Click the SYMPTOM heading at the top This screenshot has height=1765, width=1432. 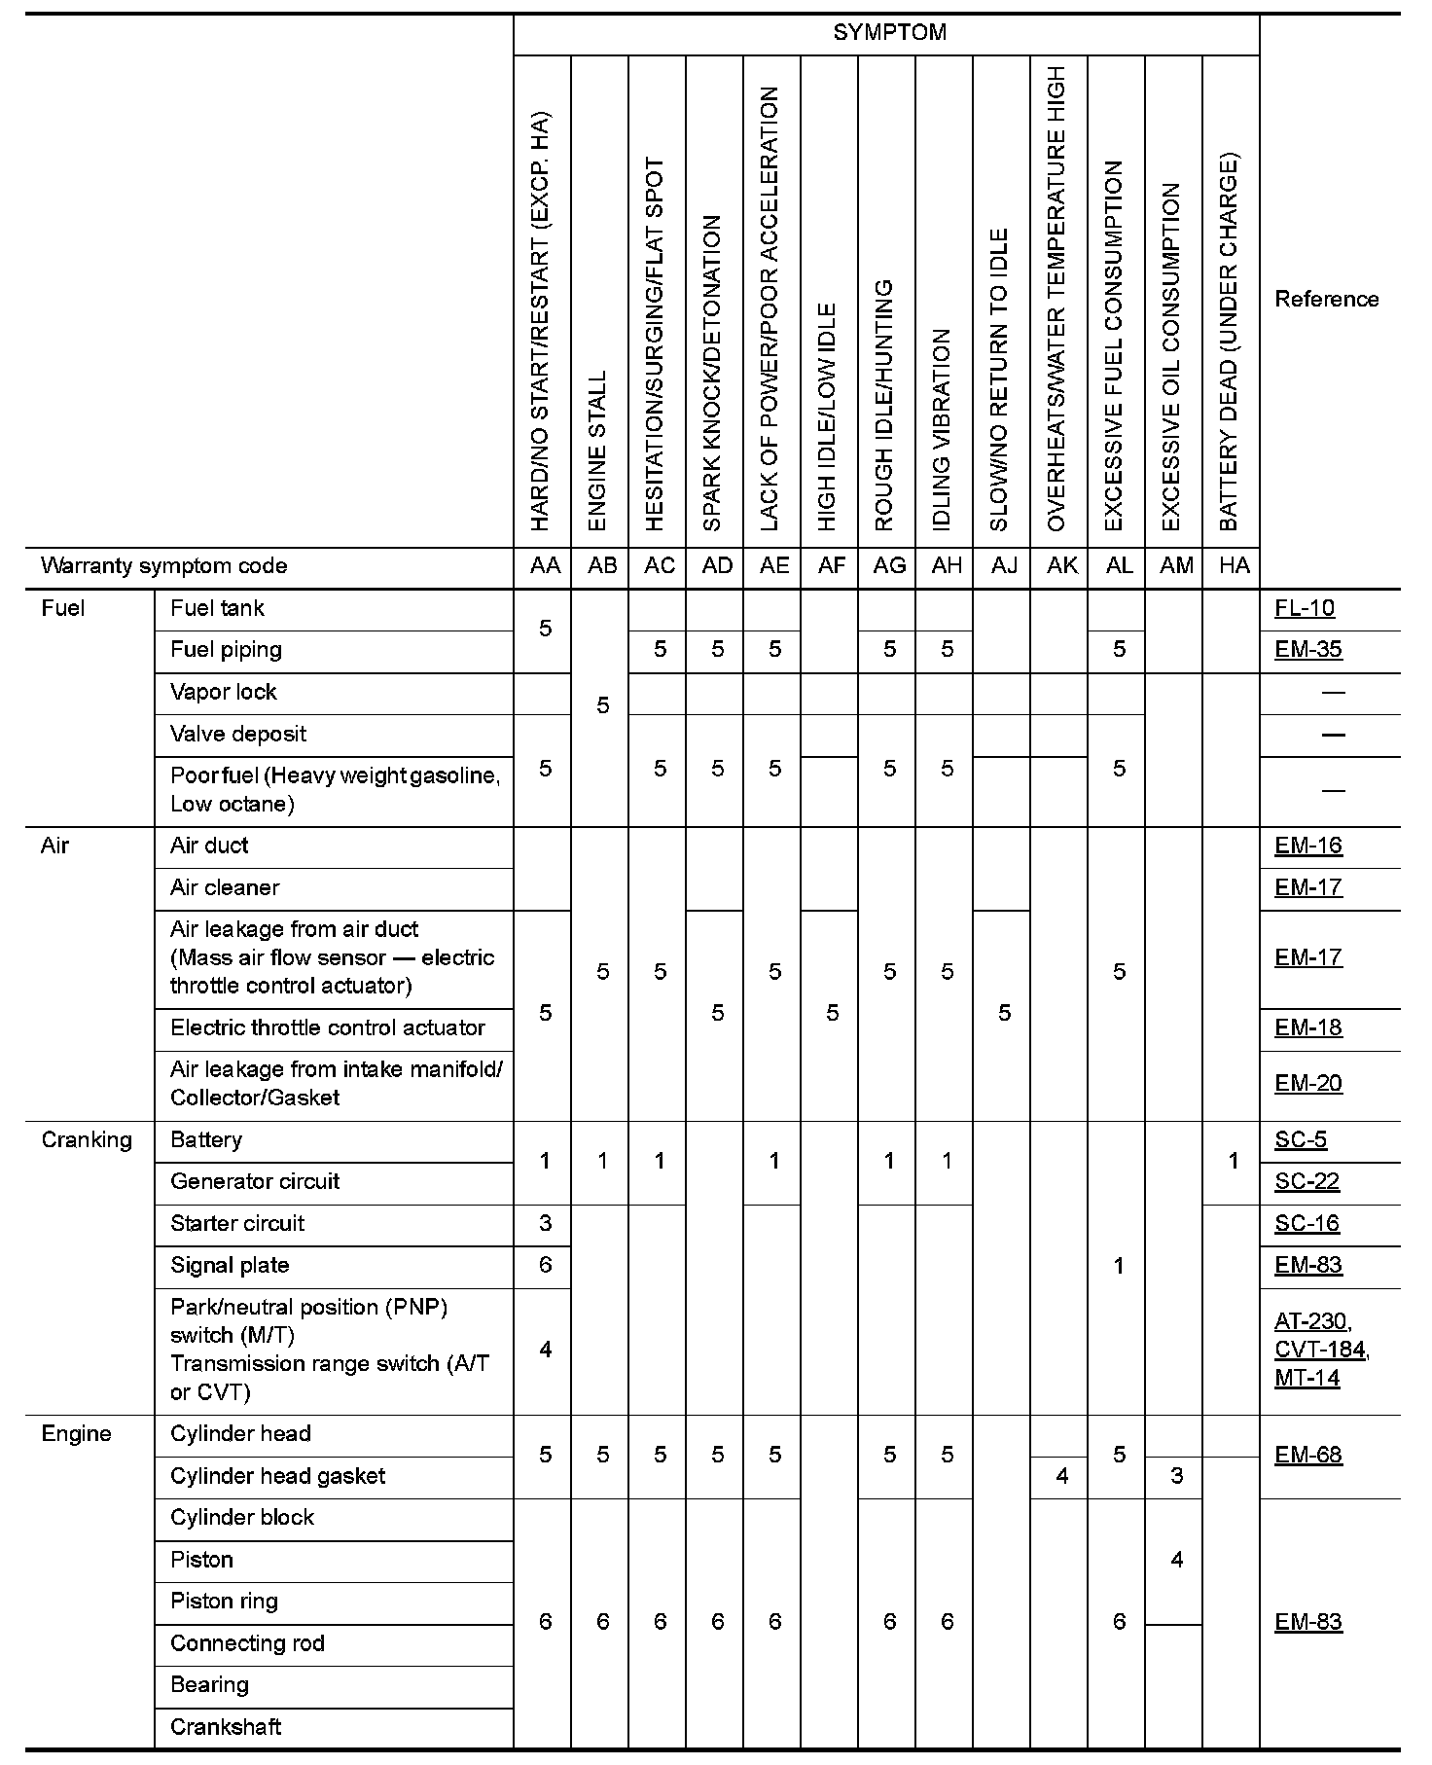point(889,33)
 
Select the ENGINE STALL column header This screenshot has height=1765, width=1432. point(598,450)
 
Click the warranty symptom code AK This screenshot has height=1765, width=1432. point(1061,566)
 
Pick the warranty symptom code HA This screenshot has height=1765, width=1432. point(1234,566)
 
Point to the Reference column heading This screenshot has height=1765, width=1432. point(1326,299)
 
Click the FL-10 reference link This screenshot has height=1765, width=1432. point(1304,609)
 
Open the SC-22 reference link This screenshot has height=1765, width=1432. point(1307,1182)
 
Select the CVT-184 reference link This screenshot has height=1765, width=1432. point(1320,1350)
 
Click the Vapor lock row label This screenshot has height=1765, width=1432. point(223,692)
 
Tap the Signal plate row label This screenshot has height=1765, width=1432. point(230,1266)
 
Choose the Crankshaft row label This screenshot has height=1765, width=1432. point(226,1727)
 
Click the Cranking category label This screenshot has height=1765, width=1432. point(87,1140)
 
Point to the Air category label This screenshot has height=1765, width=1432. point(55,846)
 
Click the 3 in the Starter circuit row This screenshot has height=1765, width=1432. point(545,1224)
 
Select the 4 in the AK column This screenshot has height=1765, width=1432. point(1061,1477)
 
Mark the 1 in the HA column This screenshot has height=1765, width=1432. point(1234,1161)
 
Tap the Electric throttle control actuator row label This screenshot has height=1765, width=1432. point(327,1028)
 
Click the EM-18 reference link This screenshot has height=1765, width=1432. point(1308,1028)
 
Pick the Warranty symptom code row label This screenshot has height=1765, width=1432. point(164,566)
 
